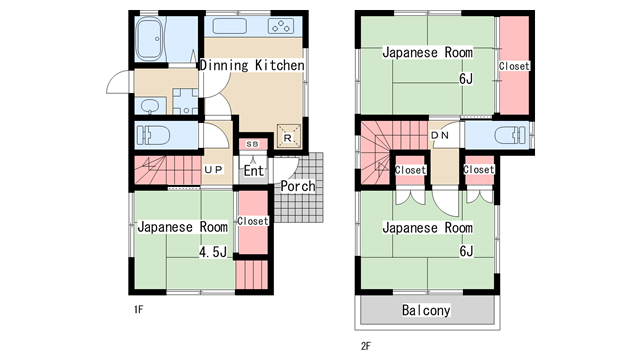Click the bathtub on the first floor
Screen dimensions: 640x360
(x=150, y=39)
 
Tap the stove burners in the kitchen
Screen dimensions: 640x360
(x=281, y=26)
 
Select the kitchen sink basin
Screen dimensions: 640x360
(x=229, y=26)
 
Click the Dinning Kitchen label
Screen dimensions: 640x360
(x=252, y=65)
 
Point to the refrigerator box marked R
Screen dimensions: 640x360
(x=289, y=136)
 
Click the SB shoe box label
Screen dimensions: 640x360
(x=252, y=144)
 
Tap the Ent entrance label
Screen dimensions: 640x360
(x=253, y=171)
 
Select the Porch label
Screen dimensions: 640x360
(x=298, y=186)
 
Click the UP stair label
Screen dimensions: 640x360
(x=213, y=169)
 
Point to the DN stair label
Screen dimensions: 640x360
(x=440, y=135)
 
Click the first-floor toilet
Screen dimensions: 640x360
(x=153, y=135)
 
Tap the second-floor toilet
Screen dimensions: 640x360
(x=510, y=135)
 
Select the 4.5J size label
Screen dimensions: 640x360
(x=213, y=252)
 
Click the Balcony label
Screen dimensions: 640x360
(x=426, y=310)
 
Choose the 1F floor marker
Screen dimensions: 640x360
(x=139, y=309)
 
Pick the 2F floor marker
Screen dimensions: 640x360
(x=366, y=346)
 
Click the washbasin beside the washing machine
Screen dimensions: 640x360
(x=150, y=106)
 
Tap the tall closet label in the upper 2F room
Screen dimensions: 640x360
(x=514, y=66)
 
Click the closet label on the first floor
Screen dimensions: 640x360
(x=253, y=221)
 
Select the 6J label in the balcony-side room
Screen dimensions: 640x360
(x=466, y=251)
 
